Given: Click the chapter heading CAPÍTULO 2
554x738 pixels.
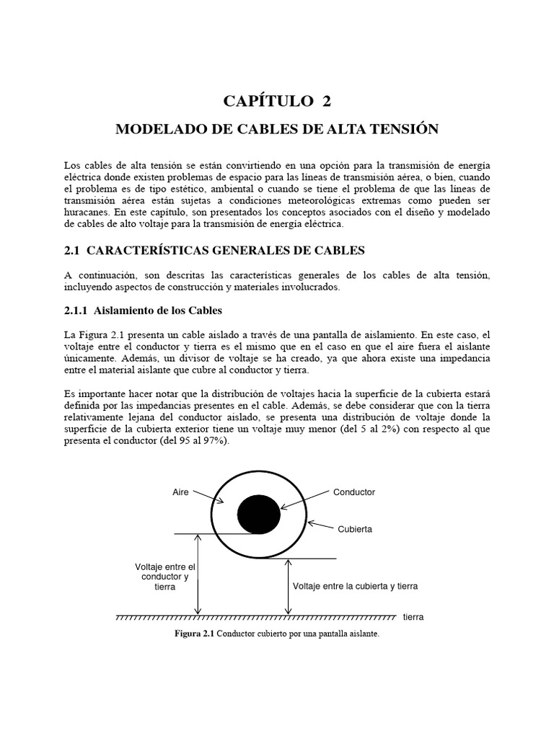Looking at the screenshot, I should pos(277,101).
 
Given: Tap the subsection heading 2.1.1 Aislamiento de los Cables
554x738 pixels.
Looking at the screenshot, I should pos(139,310).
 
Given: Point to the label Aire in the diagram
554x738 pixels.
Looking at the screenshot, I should pos(180,492).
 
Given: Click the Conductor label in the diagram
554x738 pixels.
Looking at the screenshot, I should pos(353,492).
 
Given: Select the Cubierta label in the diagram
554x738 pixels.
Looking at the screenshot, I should pos(354,528).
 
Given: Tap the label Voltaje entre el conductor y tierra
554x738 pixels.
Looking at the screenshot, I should pos(165,577).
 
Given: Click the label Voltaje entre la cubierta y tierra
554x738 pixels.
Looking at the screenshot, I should pos(355,586).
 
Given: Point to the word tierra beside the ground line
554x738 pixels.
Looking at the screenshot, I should pos(413,618).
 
